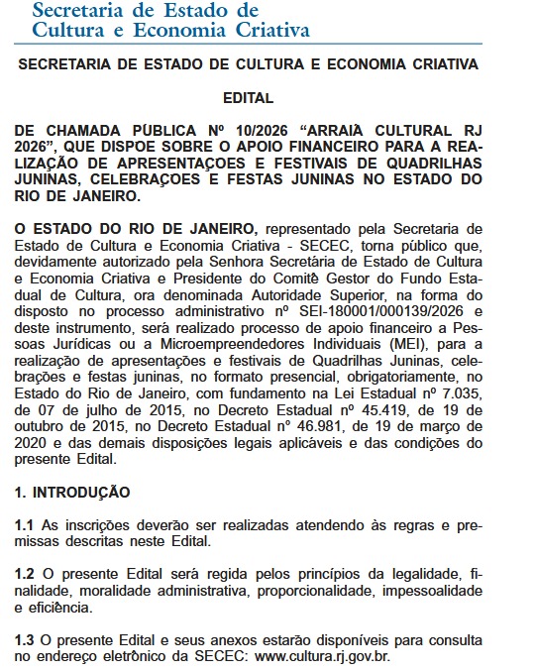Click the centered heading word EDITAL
click(x=248, y=98)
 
